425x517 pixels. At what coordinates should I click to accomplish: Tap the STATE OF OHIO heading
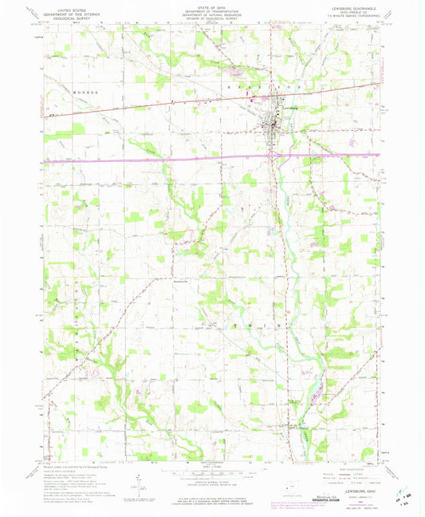213,9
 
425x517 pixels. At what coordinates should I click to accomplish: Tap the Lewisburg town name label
289,105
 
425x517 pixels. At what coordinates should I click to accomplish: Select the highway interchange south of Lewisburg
275,156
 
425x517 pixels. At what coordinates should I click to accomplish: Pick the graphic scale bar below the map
213,472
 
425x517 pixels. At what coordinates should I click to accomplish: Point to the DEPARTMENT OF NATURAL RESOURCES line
213,17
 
